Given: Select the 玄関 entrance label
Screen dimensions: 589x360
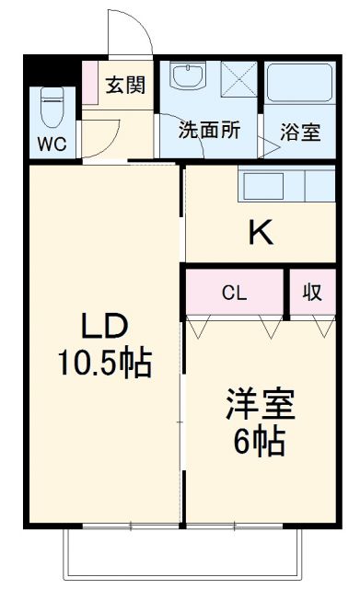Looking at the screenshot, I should click(x=124, y=86).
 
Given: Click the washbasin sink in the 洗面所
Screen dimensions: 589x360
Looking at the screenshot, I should click(x=189, y=77).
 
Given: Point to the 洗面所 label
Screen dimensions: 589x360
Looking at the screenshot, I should click(x=209, y=131).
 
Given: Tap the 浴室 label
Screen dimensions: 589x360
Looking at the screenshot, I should click(x=302, y=132).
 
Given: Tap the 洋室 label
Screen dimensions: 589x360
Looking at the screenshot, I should click(x=261, y=406).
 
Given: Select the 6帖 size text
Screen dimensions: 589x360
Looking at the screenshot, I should click(x=261, y=443).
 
